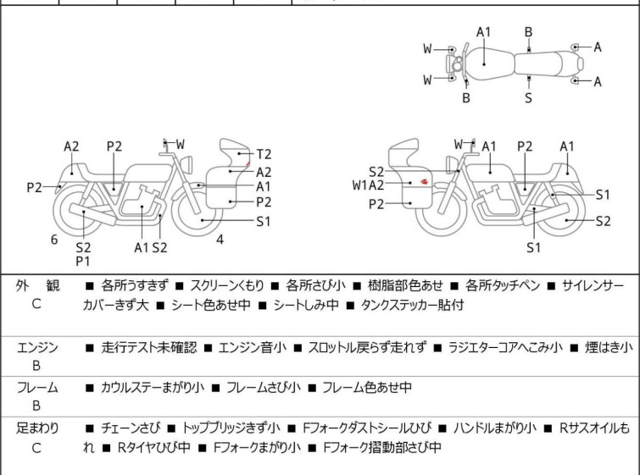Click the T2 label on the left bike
pyautogui.click(x=264, y=153)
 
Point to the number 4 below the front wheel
pyautogui.click(x=220, y=239)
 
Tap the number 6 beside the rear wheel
pyautogui.click(x=54, y=240)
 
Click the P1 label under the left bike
pyautogui.click(x=83, y=262)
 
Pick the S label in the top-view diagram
pyautogui.click(x=528, y=97)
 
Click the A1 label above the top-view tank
pyautogui.click(x=483, y=32)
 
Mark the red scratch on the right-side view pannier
pyautogui.click(x=423, y=180)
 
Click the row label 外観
pyautogui.click(x=36, y=286)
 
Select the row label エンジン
pyautogui.click(x=36, y=347)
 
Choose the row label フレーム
pyautogui.click(x=36, y=388)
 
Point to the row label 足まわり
pyautogui.click(x=36, y=428)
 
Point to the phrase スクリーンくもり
pyautogui.click(x=231, y=286)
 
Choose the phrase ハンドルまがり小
pyautogui.click(x=498, y=428)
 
